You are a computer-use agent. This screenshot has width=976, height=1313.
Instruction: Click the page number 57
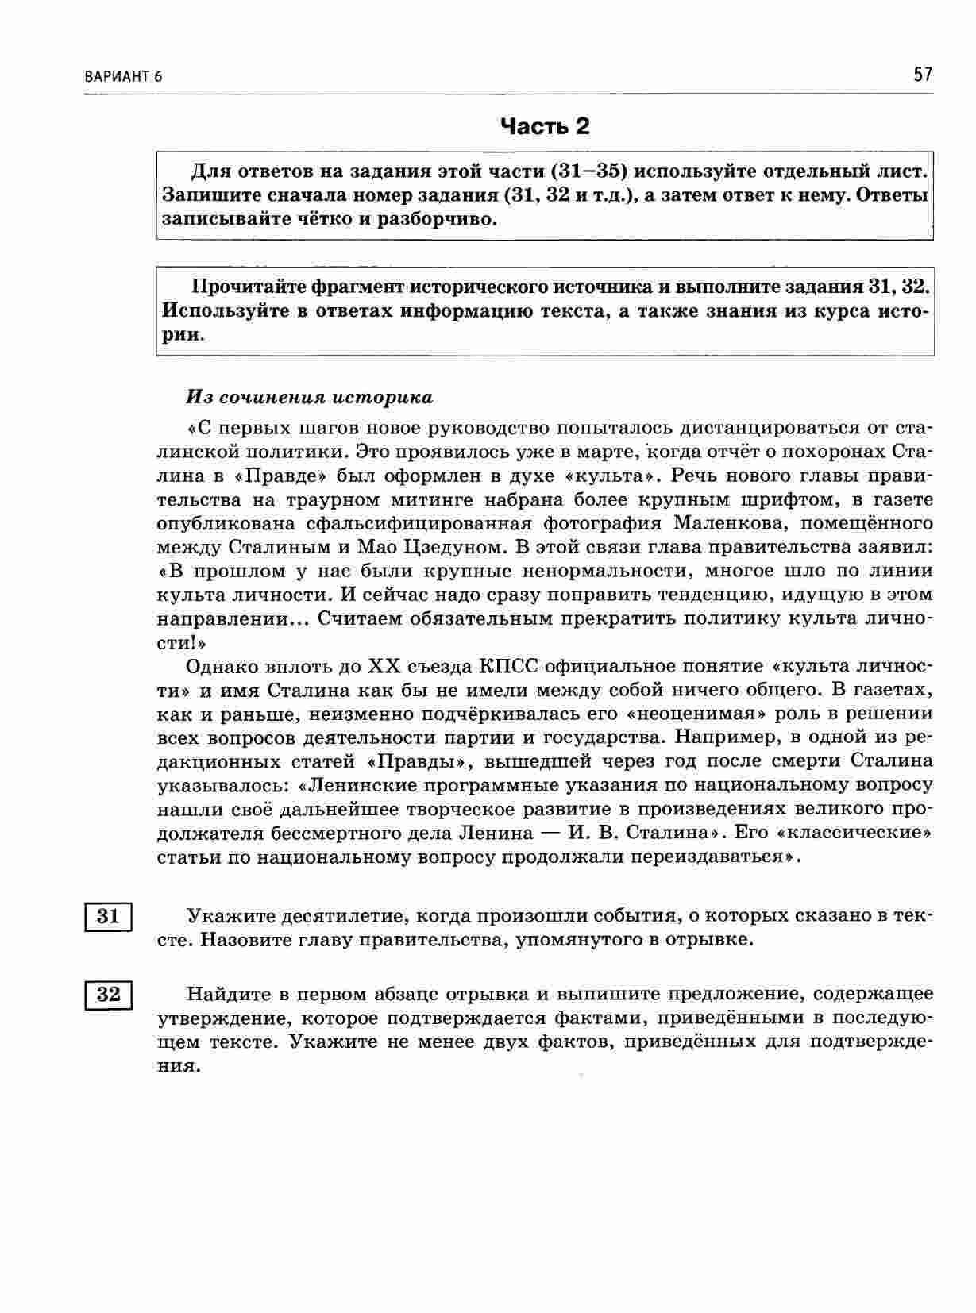coord(923,75)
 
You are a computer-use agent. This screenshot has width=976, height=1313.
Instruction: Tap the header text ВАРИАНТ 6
coord(122,77)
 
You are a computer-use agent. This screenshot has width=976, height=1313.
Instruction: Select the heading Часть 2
coord(545,126)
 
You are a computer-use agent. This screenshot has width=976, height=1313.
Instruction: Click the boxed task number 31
coord(108,917)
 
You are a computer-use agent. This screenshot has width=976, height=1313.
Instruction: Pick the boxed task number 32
coord(108,994)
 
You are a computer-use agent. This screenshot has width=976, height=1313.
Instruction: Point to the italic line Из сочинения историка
coord(310,397)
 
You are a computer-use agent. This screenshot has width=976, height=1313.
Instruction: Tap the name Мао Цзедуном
coord(430,547)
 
